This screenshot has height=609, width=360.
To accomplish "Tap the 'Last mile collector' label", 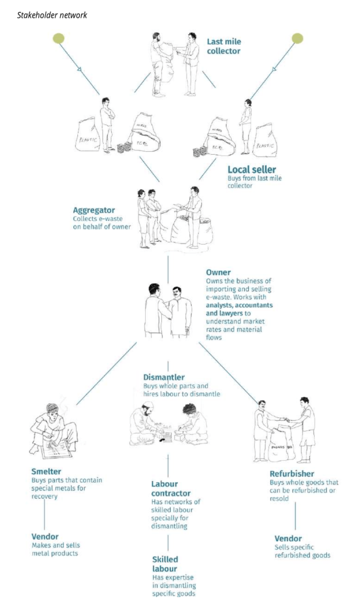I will tap(223, 46).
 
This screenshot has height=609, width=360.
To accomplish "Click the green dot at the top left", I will tap(58, 39).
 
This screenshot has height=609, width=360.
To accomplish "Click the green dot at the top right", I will tap(298, 39).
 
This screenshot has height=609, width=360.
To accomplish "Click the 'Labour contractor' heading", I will tap(171, 488).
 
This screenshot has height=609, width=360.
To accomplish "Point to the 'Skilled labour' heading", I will tap(165, 564).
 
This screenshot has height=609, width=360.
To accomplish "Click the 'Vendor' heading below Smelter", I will tap(45, 536).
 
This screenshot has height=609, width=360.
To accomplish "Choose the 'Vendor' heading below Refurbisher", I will tap(288, 538).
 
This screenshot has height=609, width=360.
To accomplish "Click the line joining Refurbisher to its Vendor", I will tap(296, 516).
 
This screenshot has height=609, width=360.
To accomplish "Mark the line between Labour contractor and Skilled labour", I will tap(168, 542).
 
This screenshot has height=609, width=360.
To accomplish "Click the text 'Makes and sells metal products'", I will tap(55, 549).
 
